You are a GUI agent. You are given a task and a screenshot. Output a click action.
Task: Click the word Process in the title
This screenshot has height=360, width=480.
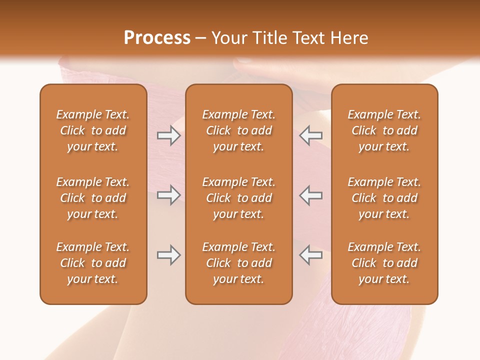pyautogui.click(x=157, y=38)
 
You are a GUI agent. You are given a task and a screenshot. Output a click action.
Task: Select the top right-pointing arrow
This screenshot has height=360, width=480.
pyautogui.click(x=168, y=135)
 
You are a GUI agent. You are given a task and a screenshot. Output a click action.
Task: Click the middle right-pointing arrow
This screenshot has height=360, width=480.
pyautogui.click(x=168, y=195)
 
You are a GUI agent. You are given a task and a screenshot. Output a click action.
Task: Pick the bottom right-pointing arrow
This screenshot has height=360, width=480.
pyautogui.click(x=168, y=255)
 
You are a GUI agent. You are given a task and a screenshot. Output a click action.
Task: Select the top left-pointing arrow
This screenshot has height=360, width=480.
pyautogui.click(x=310, y=135)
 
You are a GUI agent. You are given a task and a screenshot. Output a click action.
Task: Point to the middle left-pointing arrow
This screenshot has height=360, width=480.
pyautogui.click(x=310, y=195)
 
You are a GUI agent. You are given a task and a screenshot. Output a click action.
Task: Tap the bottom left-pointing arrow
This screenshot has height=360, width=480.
pyautogui.click(x=310, y=255)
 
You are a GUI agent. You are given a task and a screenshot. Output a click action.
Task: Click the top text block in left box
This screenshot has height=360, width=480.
pyautogui.click(x=93, y=130)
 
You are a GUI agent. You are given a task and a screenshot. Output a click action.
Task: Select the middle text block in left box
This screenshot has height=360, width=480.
pyautogui.click(x=93, y=198)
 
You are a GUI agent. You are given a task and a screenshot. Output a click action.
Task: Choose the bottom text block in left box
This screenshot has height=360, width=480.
pyautogui.click(x=93, y=263)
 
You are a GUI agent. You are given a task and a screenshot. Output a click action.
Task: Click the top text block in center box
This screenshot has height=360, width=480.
pyautogui.click(x=238, y=130)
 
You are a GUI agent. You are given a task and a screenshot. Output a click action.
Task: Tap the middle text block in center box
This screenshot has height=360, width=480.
pyautogui.click(x=238, y=198)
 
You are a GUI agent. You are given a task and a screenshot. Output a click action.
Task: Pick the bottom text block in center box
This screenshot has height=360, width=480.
pyautogui.click(x=238, y=263)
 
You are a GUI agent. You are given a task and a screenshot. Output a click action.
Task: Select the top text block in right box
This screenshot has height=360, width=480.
pyautogui.click(x=384, y=130)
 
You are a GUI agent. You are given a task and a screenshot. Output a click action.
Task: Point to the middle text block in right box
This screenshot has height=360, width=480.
pyautogui.click(x=384, y=198)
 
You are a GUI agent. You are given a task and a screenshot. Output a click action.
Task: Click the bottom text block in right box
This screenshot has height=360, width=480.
pyautogui.click(x=384, y=263)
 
